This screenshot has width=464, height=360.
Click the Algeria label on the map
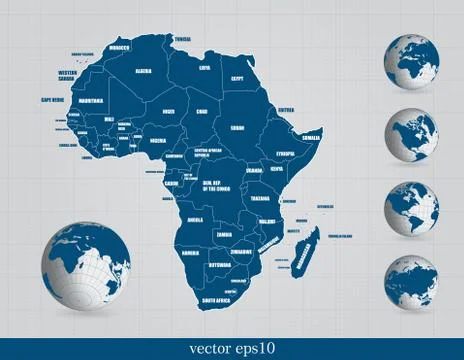pos(143,71)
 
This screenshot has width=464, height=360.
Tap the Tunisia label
pos(182,39)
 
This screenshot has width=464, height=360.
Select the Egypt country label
pos(238,77)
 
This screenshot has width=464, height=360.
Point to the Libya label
pos(205,67)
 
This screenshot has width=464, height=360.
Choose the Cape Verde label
pos(53,100)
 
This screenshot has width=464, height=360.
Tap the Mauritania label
pos(90,100)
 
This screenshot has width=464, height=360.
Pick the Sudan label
pos(237,128)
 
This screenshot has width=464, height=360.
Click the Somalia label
pos(312,136)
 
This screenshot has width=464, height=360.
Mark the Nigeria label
pos(157,141)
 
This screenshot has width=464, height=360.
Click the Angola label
pos(195,219)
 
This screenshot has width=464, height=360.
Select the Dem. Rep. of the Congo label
pos(216,186)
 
